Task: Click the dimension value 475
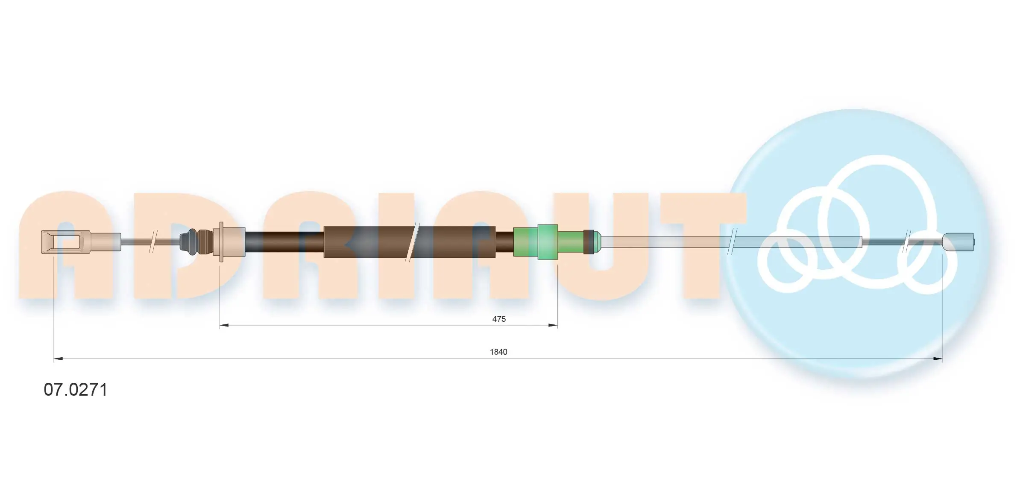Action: click(x=498, y=319)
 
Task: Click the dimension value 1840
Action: click(x=498, y=352)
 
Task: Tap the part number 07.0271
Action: click(x=76, y=390)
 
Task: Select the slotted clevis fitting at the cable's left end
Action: click(x=65, y=242)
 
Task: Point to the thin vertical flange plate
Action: click(x=221, y=242)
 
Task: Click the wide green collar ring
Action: click(x=548, y=242)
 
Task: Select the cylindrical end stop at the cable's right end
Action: click(x=958, y=242)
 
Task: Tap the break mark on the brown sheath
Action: click(x=413, y=242)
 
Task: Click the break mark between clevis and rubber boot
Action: click(x=153, y=242)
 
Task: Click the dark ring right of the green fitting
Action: click(x=589, y=242)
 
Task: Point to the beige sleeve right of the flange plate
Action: click(x=234, y=242)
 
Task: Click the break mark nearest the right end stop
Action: click(x=906, y=242)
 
